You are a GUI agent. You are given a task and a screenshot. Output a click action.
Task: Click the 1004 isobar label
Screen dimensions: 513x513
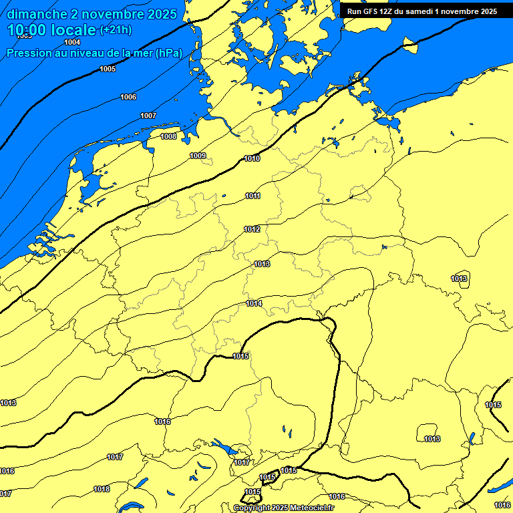point(72,42)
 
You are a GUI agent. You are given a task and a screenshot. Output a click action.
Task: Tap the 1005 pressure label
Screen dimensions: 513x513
point(107,69)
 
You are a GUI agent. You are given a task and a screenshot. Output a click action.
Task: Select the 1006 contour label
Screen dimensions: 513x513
point(128,97)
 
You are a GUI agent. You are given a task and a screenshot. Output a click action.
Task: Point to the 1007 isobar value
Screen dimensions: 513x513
point(148,116)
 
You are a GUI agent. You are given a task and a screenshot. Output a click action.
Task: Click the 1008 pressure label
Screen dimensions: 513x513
point(168,136)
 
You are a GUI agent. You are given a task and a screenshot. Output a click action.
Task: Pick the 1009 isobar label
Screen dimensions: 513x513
point(198,156)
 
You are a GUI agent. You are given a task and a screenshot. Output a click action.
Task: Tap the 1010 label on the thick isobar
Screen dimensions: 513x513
point(252,158)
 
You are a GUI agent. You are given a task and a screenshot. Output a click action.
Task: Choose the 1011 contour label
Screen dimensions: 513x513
point(252,196)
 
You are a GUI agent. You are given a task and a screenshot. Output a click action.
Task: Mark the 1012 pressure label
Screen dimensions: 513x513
point(252,229)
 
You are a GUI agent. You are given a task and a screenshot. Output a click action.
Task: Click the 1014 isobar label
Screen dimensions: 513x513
point(254,304)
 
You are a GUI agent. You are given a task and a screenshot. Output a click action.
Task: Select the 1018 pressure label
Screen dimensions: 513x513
point(102,489)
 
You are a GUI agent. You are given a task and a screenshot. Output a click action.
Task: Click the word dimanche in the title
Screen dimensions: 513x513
point(36,14)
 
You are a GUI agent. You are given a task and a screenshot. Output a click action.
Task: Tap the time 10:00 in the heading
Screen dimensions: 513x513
point(27,31)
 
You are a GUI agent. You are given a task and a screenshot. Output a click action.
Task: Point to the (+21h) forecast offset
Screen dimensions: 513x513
point(115,31)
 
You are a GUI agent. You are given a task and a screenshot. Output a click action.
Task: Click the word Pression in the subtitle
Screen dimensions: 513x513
point(28,53)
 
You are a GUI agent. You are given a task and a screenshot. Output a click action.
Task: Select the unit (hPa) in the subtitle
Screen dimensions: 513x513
point(168,53)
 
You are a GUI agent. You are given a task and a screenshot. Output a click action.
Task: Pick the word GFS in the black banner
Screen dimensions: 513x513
point(371,11)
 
